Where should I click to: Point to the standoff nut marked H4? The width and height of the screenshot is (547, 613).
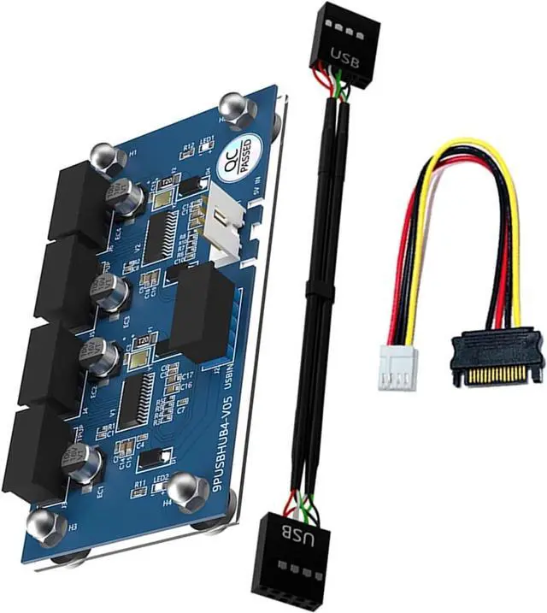(x=183, y=492)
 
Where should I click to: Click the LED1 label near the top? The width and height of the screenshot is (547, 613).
(x=207, y=139)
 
